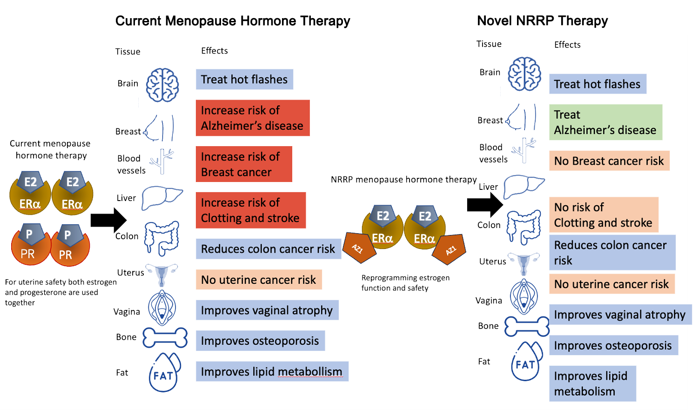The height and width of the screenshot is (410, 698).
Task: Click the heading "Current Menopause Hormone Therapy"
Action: pyautogui.click(x=233, y=21)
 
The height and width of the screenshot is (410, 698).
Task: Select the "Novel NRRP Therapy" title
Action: pyautogui.click(x=543, y=21)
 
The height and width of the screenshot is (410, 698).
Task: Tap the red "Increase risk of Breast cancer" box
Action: pyautogui.click(x=244, y=164)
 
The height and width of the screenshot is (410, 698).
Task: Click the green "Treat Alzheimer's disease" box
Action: pyautogui.click(x=605, y=122)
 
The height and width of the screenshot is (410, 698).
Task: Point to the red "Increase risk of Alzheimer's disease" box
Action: pyautogui.click(x=253, y=118)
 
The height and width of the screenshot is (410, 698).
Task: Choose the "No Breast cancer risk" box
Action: pyautogui.click(x=609, y=161)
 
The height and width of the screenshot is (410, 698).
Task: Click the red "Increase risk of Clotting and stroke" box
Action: pyautogui.click(x=251, y=210)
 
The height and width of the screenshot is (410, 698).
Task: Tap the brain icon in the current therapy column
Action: pyautogui.click(x=162, y=85)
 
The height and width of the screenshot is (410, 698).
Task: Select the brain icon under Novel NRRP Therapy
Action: pyautogui.click(x=524, y=74)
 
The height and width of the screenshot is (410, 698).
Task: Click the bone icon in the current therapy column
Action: pyautogui.click(x=165, y=338)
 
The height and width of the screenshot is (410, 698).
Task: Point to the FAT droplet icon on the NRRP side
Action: pyautogui.click(x=527, y=362)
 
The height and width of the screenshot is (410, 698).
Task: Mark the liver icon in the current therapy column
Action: pyautogui.click(x=161, y=198)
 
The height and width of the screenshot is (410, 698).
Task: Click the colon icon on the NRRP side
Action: pyautogui.click(x=524, y=227)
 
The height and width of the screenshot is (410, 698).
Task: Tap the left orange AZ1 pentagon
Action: pyautogui.click(x=358, y=246)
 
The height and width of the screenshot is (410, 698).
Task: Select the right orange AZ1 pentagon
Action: pyautogui.click(x=449, y=249)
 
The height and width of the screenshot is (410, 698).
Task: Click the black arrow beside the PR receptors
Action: pyautogui.click(x=108, y=220)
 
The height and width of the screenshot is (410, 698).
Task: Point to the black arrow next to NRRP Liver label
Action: pyautogui.click(x=485, y=204)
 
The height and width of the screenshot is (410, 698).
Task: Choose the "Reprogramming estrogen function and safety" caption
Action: pyautogui.click(x=405, y=283)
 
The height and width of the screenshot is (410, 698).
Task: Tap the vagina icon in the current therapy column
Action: pyautogui.click(x=162, y=308)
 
